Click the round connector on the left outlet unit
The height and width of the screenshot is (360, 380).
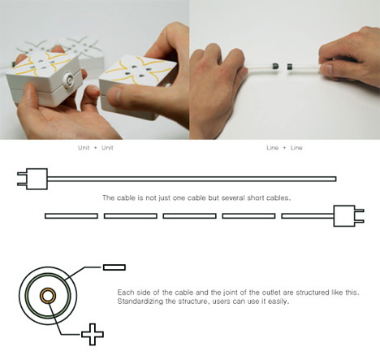point(69,80)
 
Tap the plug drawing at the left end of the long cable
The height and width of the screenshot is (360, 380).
point(32,179)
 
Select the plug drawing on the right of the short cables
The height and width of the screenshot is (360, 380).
point(348,215)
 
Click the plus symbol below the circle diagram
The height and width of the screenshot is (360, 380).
point(93,334)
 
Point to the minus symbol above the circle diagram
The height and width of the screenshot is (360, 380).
point(114,267)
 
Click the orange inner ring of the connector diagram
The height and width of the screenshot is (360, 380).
point(48,296)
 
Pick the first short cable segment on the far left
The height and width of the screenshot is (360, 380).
point(71,216)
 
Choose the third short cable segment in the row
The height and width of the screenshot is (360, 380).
point(189,216)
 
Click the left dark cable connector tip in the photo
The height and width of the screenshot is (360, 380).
point(274,66)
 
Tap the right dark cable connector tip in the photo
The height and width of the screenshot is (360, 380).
point(290,67)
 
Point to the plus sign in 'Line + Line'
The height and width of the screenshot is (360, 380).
point(284,148)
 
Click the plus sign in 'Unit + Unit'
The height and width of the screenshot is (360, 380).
point(95,148)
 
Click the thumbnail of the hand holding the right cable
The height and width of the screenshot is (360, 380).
point(326,68)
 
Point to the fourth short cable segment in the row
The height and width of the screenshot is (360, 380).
point(248,216)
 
